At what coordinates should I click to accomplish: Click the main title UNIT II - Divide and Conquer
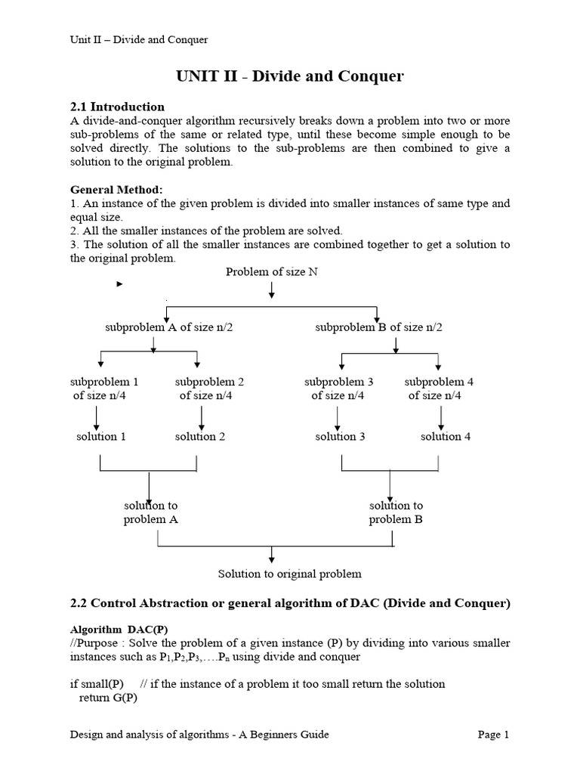coord(290,76)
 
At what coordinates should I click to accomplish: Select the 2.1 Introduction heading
coord(117,107)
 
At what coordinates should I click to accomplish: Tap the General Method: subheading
coord(116,190)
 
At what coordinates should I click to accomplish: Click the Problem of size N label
coord(272,272)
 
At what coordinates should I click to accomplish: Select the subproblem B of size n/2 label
coord(379,327)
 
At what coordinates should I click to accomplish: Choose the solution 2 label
coord(200,436)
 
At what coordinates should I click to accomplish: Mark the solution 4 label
coord(446,436)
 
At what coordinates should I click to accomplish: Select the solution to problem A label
coord(151,512)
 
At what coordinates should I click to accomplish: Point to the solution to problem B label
coord(396,512)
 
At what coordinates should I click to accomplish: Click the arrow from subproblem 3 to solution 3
coord(337,416)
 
